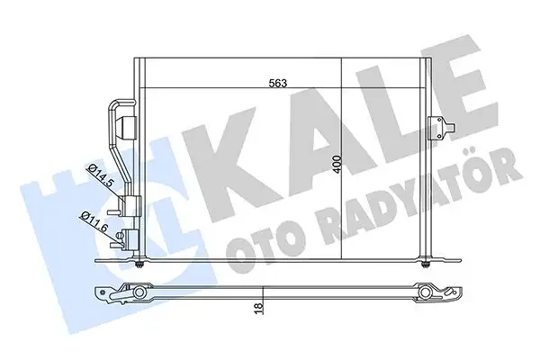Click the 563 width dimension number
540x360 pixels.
[278, 83]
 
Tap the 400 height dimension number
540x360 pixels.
[337, 165]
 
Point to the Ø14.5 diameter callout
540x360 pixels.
[101, 175]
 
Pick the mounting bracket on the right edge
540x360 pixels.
[442, 128]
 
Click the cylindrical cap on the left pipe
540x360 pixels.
[129, 127]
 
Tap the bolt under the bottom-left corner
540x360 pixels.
[139, 265]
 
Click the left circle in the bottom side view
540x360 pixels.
[139, 292]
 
